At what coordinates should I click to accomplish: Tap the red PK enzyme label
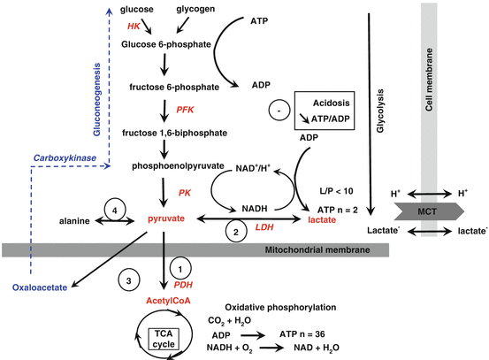pos(184,192)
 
